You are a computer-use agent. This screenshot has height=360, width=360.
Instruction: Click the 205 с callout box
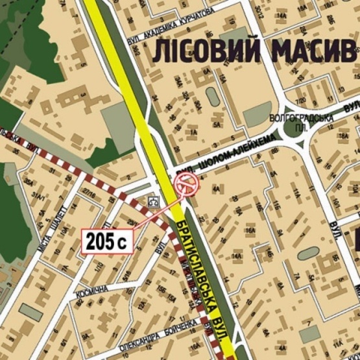point(108,242)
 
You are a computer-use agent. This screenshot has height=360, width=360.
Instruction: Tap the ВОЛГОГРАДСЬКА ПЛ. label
point(302,121)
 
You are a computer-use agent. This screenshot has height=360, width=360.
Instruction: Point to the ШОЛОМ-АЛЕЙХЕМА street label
point(224,156)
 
